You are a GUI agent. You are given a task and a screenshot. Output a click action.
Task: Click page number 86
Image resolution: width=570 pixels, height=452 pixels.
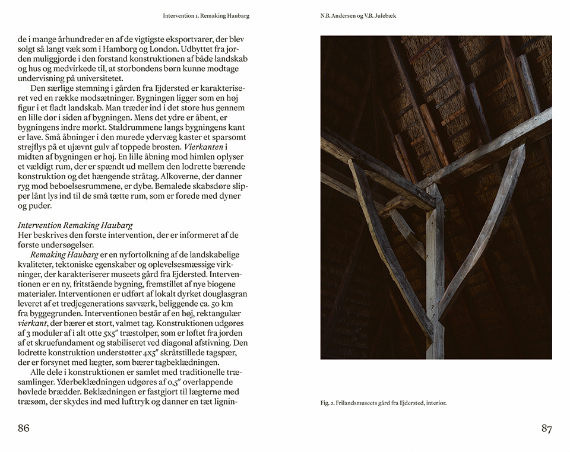(x=24, y=428)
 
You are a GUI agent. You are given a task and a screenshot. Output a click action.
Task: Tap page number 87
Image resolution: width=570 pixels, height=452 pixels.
(x=546, y=428)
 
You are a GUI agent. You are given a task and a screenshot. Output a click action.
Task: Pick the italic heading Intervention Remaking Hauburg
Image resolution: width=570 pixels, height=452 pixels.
(x=75, y=225)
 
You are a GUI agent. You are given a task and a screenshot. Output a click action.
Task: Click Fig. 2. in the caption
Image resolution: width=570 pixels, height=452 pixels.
(x=328, y=403)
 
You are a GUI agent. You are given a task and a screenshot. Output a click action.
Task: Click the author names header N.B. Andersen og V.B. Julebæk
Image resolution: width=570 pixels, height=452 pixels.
(x=358, y=16)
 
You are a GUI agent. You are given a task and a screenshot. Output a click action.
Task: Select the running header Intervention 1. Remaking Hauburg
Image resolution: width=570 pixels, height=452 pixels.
(x=206, y=16)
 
